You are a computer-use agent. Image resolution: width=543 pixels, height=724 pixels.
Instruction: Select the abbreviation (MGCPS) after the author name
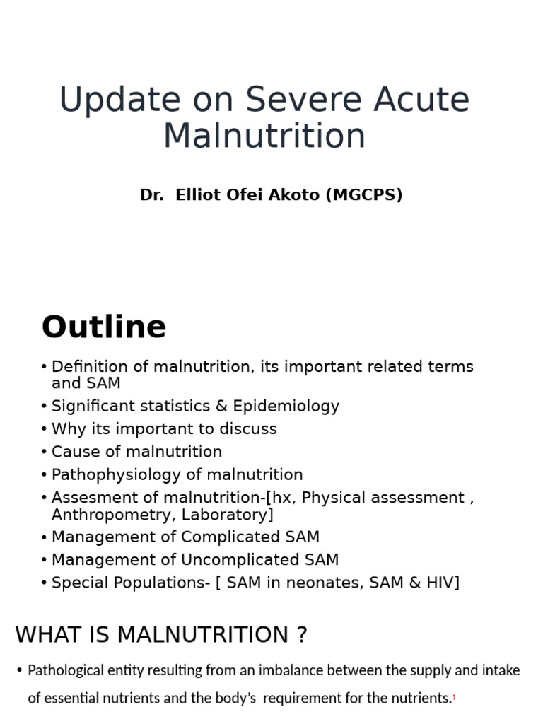coord(364,195)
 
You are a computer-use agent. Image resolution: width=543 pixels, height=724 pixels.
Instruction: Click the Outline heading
coord(104,327)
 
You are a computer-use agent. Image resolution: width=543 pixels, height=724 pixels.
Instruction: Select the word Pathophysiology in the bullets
coord(115,474)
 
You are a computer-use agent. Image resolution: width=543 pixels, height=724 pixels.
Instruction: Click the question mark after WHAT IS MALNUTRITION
coord(302,635)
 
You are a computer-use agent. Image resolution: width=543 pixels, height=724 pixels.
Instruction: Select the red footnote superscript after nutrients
coord(454,698)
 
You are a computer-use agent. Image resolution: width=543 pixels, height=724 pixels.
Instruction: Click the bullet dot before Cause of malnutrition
coord(45,452)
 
